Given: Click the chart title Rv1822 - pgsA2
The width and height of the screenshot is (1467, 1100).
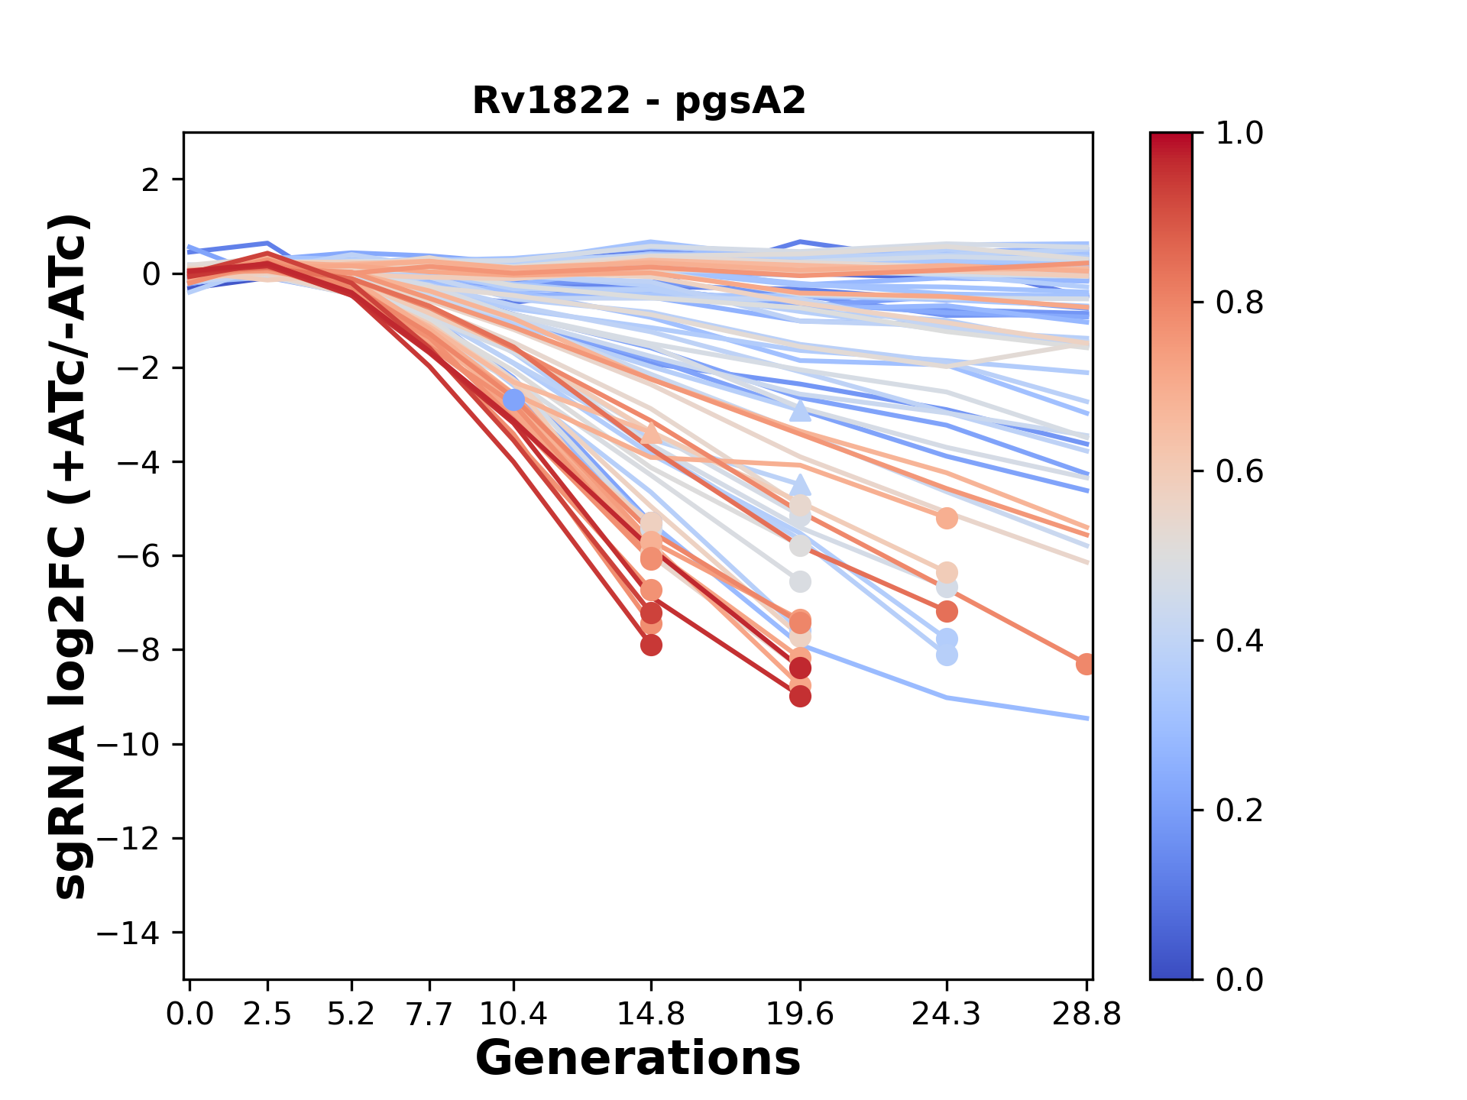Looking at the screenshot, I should tap(639, 101).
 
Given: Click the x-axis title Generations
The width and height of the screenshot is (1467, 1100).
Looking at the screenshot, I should tap(638, 1059).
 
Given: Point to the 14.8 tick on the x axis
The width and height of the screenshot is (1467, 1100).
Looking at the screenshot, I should tap(650, 1014).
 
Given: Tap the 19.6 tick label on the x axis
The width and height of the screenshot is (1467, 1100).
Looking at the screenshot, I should tap(799, 1014).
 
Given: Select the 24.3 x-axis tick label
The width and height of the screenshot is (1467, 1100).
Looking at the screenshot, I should tap(946, 1014).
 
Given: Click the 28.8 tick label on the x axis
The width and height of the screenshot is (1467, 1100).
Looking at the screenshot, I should tap(1086, 1014).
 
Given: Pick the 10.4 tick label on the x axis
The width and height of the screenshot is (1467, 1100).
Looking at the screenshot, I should tap(513, 1014).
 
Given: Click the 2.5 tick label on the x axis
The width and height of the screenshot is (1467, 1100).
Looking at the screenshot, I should tap(267, 1014).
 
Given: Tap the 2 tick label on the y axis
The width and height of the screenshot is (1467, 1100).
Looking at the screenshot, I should tap(151, 180).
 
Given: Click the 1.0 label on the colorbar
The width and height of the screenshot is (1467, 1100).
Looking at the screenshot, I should tap(1239, 134).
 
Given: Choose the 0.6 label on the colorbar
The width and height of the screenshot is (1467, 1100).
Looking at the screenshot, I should tap(1239, 472).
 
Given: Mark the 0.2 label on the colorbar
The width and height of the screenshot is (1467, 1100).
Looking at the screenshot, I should tap(1239, 810).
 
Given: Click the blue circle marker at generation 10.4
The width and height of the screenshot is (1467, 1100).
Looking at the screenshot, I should tap(513, 400).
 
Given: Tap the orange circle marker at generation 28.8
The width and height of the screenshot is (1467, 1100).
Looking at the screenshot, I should tap(1086, 664).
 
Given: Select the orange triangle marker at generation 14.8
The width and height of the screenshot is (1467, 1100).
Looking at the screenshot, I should tap(650, 433).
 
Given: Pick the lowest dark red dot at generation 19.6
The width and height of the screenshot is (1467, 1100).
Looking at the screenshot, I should tap(800, 696).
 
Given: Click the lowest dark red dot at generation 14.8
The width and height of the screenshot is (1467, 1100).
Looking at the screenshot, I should tap(651, 645).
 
